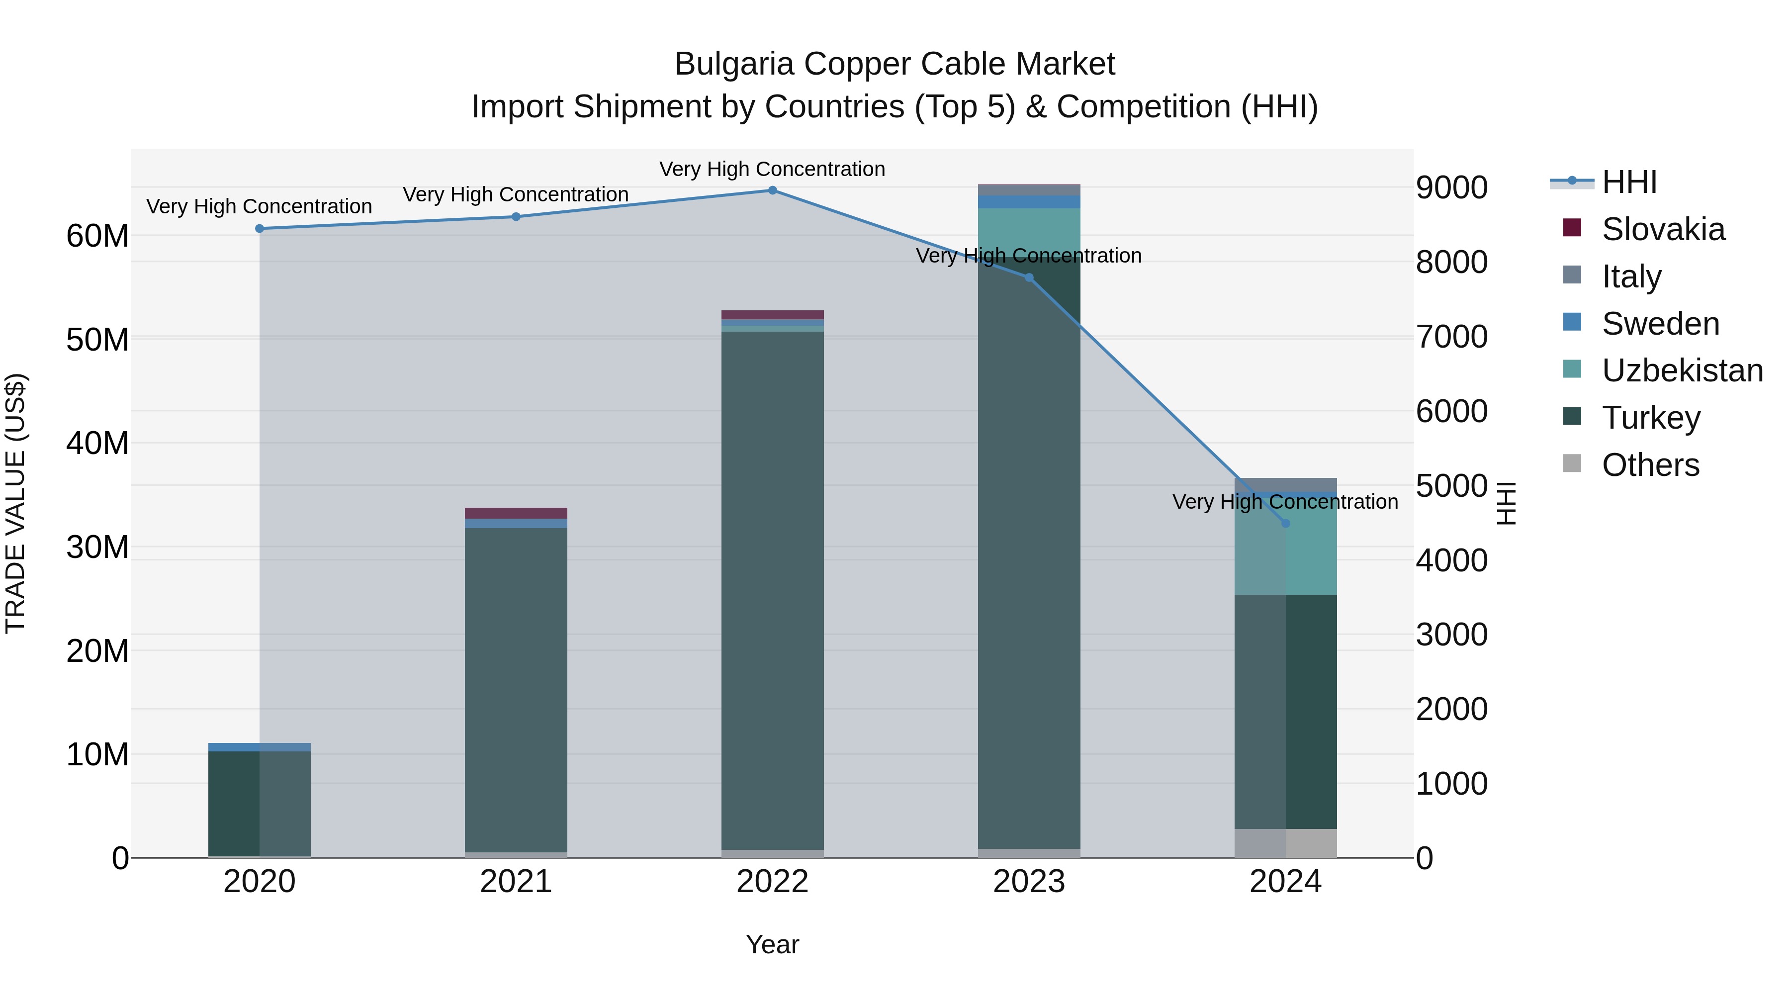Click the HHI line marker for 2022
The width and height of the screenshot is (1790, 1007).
[x=772, y=190]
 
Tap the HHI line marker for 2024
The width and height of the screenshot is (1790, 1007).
[x=1285, y=523]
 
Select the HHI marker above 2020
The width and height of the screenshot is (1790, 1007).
[x=259, y=229]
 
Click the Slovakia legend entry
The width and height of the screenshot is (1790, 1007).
[x=1662, y=229]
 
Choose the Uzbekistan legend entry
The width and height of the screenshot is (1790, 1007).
[x=1682, y=370]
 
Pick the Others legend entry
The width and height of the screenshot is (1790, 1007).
[x=1650, y=465]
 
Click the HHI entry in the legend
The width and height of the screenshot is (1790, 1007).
[x=1629, y=182]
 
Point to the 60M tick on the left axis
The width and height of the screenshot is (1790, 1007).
[x=97, y=236]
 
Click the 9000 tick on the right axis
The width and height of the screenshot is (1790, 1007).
[x=1451, y=187]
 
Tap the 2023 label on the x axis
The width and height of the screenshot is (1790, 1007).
[x=1028, y=882]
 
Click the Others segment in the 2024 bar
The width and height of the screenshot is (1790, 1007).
[x=1285, y=842]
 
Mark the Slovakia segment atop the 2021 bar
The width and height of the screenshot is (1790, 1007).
[x=516, y=513]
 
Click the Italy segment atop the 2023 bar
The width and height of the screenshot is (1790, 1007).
[x=1028, y=190]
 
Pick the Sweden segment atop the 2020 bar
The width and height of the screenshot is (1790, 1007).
[x=259, y=747]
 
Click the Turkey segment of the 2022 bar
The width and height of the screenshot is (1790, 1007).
[x=772, y=591]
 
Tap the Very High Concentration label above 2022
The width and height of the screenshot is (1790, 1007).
[x=772, y=169]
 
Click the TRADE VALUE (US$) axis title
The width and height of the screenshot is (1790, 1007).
[x=15, y=503]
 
